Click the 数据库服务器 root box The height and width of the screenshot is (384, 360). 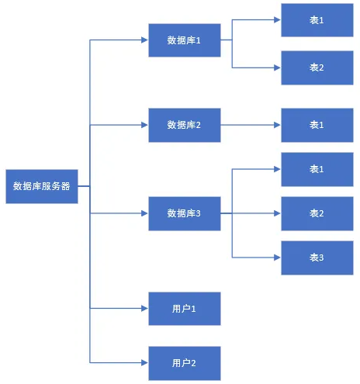[42, 186]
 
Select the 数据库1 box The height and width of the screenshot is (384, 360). [184, 40]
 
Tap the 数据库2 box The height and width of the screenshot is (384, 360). [184, 125]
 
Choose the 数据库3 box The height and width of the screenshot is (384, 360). [184, 213]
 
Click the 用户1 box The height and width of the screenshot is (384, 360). [184, 309]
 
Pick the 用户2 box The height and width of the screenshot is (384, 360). [184, 362]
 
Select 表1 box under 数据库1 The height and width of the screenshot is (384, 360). [317, 20]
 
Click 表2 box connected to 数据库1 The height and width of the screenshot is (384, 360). [317, 67]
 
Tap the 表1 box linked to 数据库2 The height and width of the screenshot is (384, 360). [317, 125]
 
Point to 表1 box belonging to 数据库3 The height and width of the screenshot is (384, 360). [317, 169]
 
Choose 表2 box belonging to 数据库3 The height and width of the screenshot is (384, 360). [317, 213]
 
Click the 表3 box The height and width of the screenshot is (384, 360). [317, 258]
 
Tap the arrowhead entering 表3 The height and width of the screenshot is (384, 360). [277, 258]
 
